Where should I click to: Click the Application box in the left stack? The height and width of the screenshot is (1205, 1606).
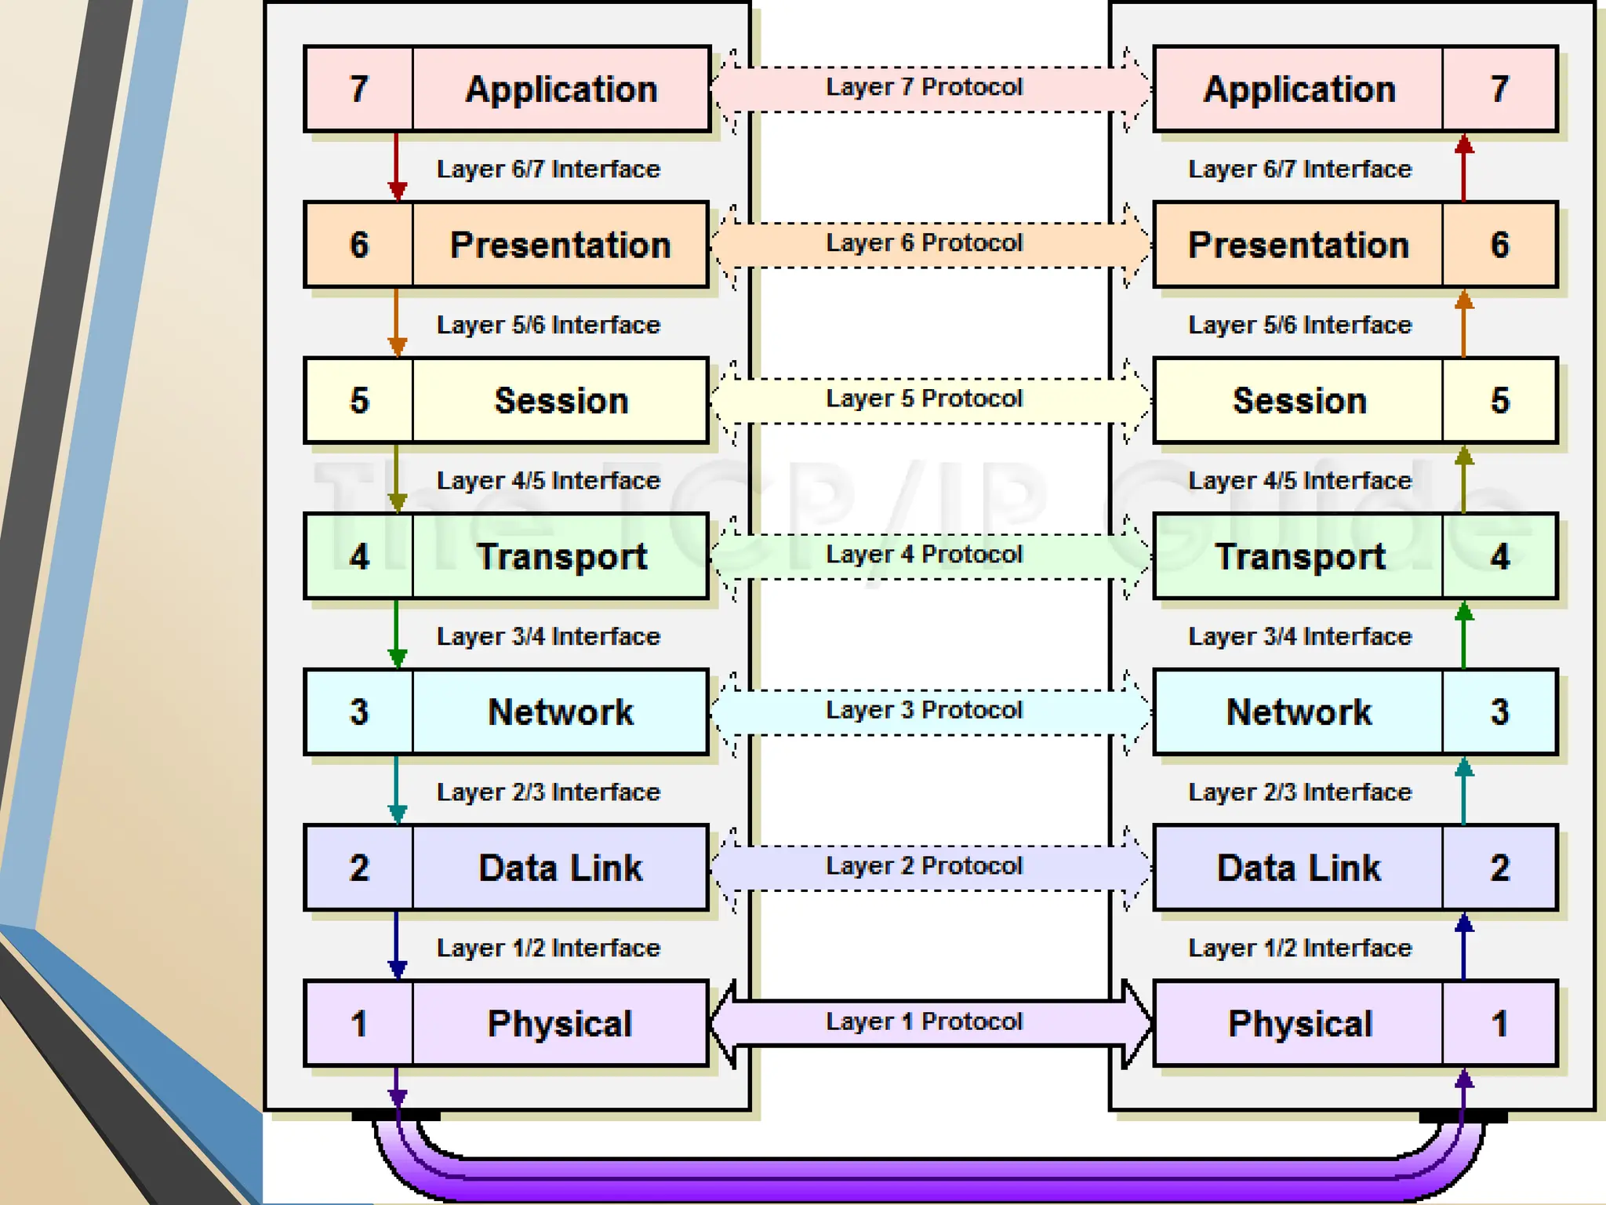561,89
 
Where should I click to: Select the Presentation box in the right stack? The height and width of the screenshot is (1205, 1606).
1299,245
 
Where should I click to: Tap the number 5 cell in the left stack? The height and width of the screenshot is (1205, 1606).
359,400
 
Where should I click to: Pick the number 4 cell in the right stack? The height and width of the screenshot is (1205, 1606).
1499,556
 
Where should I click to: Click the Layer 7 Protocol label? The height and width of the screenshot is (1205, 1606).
925,87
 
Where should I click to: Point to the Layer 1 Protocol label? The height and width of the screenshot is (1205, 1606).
925,1021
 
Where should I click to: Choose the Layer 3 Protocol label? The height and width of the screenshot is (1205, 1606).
925,710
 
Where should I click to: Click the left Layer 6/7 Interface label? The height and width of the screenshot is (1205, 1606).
548,169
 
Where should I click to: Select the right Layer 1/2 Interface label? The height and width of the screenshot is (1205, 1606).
1300,948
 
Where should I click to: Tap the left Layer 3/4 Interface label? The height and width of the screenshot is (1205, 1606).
548,636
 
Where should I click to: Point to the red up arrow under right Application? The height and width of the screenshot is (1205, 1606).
1463,167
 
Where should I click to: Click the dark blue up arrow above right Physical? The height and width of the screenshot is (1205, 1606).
1463,945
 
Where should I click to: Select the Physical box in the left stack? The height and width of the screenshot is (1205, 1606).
560,1023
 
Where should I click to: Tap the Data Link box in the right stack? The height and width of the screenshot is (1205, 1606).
1299,868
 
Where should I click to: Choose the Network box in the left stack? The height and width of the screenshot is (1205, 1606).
560,712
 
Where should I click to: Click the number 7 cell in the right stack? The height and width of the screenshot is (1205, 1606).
1499,89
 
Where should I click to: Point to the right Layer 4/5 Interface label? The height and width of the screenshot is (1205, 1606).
1300,480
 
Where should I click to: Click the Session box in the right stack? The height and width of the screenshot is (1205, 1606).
1299,400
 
